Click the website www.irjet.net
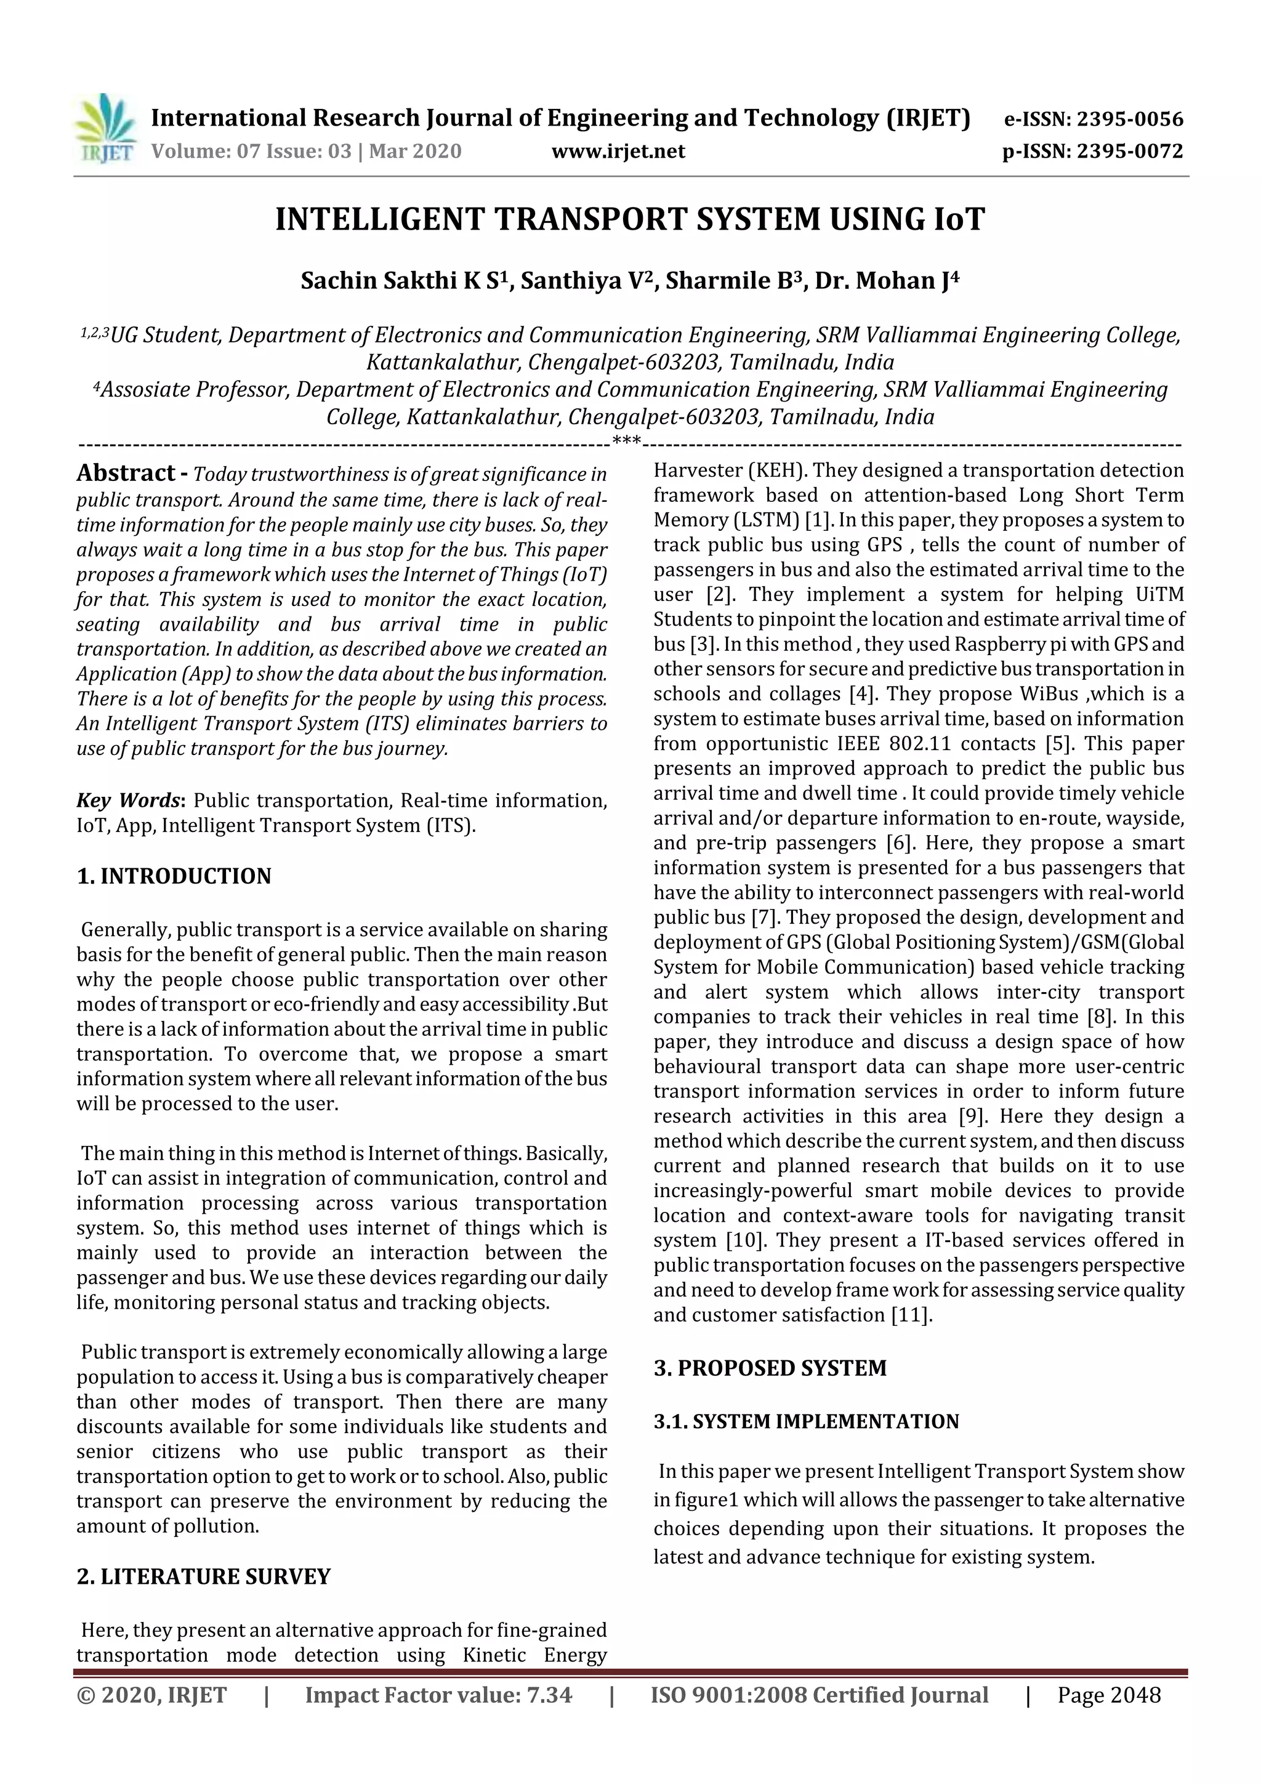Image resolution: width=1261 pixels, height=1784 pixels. pyautogui.click(x=618, y=151)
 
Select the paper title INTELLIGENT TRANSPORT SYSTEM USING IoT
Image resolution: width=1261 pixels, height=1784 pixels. pyautogui.click(x=630, y=219)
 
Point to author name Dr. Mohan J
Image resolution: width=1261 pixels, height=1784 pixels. pyautogui.click(x=887, y=280)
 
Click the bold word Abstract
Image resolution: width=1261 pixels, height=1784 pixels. pyautogui.click(x=126, y=473)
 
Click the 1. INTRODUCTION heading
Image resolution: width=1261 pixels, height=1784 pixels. pyautogui.click(x=174, y=876)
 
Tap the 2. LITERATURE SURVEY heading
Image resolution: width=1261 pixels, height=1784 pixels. pyautogui.click(x=204, y=1576)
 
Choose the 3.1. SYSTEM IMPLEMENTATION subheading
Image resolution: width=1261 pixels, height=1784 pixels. pyautogui.click(x=806, y=1421)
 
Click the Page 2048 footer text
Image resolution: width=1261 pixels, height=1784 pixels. pyautogui.click(x=1109, y=1695)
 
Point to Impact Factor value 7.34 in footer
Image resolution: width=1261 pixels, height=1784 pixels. pyautogui.click(x=438, y=1695)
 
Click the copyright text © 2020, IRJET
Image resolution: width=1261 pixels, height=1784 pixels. pyautogui.click(x=152, y=1695)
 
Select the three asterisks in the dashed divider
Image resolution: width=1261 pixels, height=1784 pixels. pyautogui.click(x=626, y=442)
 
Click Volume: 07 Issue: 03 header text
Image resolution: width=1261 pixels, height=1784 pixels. pyautogui.click(x=306, y=151)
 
